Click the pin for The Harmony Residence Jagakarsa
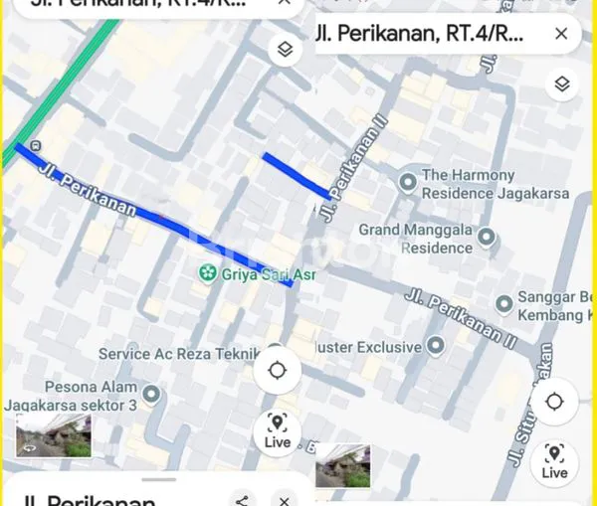coord(407,182)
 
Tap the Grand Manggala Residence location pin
coord(487,237)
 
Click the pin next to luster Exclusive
coord(435,346)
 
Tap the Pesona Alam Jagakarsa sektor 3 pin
coord(151,395)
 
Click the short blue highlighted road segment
coord(294,174)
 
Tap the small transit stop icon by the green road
coord(36,146)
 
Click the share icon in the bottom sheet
coord(241,499)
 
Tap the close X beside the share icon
coord(285,499)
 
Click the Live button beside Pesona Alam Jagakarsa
coord(277,430)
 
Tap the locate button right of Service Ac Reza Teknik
coord(277,372)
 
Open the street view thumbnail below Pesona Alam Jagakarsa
coord(54,435)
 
